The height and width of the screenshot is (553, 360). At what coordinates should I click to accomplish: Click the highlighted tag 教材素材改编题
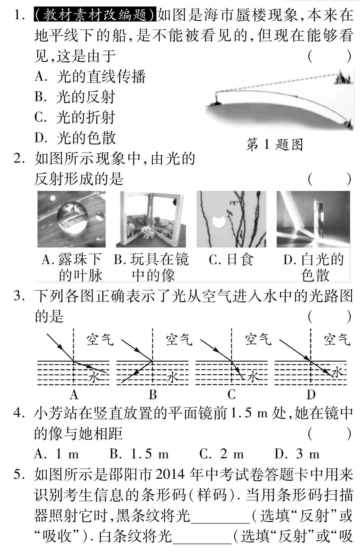click(95, 16)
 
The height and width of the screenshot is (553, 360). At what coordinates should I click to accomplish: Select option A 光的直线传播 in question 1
click(90, 77)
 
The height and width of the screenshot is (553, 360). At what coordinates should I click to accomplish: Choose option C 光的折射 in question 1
click(75, 118)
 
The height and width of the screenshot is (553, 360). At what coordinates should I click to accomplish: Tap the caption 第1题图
click(275, 144)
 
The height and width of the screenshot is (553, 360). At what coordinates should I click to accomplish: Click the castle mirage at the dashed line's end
click(343, 78)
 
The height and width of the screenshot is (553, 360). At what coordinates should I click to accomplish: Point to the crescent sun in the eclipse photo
click(219, 221)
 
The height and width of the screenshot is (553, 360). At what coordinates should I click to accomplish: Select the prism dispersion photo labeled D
click(313, 219)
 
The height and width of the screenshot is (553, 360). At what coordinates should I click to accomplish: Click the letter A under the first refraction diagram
click(74, 395)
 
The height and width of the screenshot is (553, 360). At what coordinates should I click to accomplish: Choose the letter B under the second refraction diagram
click(153, 395)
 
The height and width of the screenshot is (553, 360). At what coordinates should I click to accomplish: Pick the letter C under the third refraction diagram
click(232, 395)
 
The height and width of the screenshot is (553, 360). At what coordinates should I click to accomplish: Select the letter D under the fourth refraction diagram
click(311, 395)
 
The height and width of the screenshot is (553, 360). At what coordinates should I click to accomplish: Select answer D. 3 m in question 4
click(297, 454)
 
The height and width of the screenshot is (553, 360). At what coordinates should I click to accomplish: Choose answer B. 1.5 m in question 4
click(139, 454)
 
